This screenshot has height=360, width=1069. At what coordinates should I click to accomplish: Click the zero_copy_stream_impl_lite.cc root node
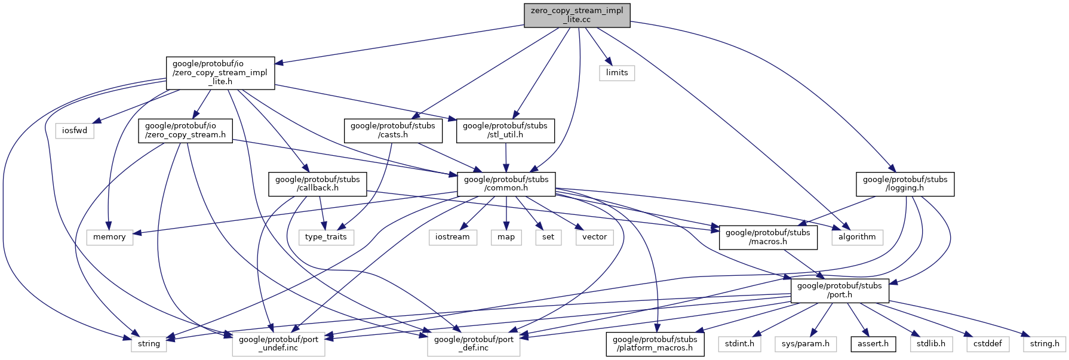point(577,15)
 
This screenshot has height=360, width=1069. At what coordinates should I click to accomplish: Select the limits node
point(617,73)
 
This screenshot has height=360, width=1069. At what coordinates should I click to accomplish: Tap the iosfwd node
point(75,130)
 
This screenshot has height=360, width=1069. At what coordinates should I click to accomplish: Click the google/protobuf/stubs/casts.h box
point(393,130)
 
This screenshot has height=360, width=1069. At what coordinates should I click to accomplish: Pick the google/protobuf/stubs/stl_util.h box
point(505,130)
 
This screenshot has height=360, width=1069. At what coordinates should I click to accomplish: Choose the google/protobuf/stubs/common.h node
point(506,183)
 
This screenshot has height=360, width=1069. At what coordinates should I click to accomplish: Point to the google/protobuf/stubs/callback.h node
point(318,183)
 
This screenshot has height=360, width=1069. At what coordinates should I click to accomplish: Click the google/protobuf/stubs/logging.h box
point(905,183)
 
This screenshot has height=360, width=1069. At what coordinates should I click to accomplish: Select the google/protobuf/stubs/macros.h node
point(768,237)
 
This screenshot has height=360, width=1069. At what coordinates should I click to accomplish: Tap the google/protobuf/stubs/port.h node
point(840,290)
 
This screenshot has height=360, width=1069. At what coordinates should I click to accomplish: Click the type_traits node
point(326,237)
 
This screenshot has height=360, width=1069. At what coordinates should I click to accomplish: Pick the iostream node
point(453,237)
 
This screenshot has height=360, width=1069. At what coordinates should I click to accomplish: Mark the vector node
point(595,237)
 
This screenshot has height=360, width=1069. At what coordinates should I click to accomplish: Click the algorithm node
point(857,237)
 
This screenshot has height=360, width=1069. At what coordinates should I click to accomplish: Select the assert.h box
point(873,344)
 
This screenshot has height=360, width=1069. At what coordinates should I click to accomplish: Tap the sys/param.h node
point(805,344)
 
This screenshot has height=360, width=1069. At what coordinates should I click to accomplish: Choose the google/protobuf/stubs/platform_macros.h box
point(655,344)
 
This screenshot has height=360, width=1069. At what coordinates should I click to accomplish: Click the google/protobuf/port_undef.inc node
point(279,344)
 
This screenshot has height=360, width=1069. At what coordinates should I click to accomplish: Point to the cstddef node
point(988,344)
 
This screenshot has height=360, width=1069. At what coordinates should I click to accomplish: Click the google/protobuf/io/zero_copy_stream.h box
point(186,130)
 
